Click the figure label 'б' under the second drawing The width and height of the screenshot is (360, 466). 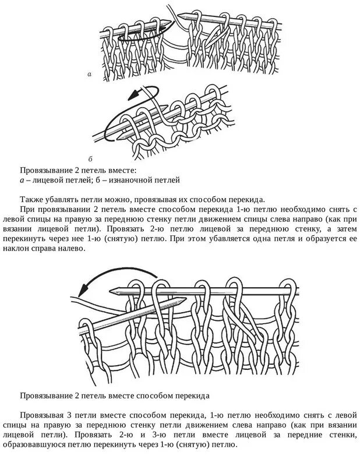(x=90, y=158)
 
